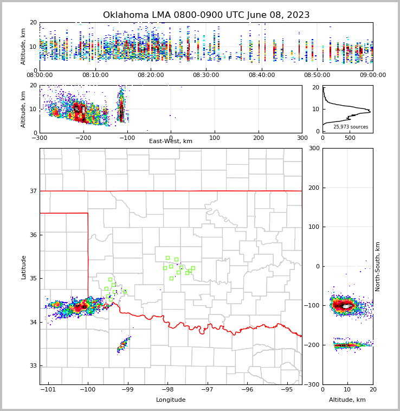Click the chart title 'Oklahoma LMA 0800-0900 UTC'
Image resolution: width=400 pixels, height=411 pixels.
click(x=206, y=15)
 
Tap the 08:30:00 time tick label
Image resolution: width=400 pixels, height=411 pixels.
click(x=206, y=75)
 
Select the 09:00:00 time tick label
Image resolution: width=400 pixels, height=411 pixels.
click(x=372, y=75)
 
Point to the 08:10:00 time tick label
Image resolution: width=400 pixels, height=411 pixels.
click(x=95, y=75)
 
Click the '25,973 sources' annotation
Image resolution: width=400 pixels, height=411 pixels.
click(x=351, y=127)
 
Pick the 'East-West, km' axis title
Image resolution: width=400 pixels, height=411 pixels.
click(x=171, y=142)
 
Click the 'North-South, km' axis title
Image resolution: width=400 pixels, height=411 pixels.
click(x=378, y=266)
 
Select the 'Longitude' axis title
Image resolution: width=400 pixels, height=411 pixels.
click(x=171, y=400)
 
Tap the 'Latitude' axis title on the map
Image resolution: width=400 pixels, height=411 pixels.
click(x=23, y=267)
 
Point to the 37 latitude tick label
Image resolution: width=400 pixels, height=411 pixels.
click(x=33, y=191)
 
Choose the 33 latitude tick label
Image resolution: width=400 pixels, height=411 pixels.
click(x=33, y=366)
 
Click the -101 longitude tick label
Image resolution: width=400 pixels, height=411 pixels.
click(x=48, y=390)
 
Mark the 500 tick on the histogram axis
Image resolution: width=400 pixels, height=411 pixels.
click(x=350, y=138)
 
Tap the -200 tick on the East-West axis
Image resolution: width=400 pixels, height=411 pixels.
click(x=83, y=138)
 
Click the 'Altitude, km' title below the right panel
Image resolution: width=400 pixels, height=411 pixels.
click(x=347, y=400)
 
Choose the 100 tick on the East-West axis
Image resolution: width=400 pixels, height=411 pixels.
click(x=215, y=138)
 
